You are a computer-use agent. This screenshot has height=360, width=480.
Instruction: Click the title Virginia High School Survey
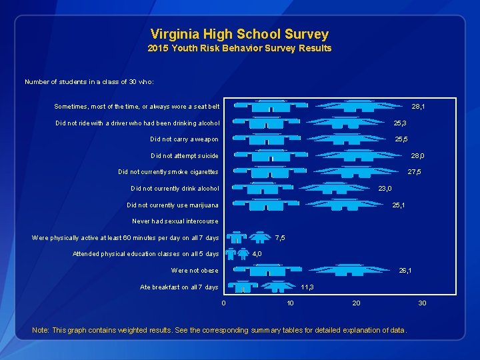coord(239,33)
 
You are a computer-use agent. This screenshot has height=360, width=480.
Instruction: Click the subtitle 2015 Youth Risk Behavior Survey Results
coord(239,48)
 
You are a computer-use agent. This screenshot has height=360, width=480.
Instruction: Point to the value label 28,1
coord(419,106)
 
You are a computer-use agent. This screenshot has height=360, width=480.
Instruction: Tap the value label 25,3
coord(401,123)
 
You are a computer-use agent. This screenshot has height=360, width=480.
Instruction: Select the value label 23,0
coord(385,189)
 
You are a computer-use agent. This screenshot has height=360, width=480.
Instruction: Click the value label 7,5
coord(280,238)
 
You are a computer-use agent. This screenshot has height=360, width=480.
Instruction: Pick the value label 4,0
coord(257,254)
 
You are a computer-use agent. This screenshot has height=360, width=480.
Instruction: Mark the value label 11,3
coord(307,287)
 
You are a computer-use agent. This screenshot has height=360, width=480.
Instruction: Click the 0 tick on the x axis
coord(223,303)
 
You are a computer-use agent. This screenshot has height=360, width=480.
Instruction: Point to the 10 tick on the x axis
coord(290,303)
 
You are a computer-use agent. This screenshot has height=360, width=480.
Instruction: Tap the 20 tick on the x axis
coord(356,303)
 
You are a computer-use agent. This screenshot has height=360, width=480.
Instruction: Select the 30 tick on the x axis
coord(422,303)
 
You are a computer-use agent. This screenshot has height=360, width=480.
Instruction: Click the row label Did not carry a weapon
coord(184,139)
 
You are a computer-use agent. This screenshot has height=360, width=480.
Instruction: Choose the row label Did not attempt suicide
coord(184,156)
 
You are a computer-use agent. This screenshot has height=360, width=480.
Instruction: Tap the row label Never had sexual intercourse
coord(175,221)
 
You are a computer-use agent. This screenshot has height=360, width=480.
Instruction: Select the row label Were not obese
coord(195,271)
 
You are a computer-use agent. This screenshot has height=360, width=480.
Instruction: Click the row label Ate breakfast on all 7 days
coord(179,287)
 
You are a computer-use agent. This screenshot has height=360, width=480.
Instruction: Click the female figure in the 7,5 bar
coord(259,237)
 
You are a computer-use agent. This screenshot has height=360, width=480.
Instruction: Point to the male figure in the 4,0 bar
coord(231,254)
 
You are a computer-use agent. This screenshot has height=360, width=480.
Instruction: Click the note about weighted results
coord(219,331)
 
